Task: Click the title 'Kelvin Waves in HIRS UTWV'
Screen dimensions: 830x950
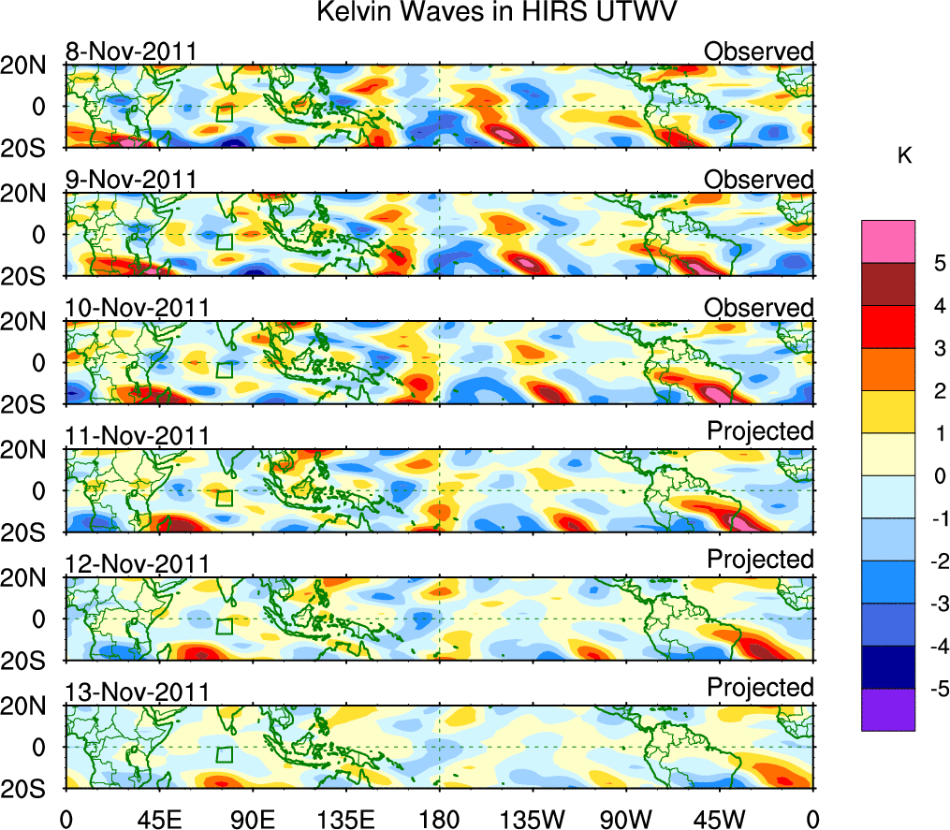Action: pyautogui.click(x=496, y=13)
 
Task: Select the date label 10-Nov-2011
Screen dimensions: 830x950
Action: pyautogui.click(x=137, y=308)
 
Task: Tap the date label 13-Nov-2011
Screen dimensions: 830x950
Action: pyautogui.click(x=137, y=692)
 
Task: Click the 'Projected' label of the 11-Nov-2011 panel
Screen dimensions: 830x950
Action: pyautogui.click(x=760, y=430)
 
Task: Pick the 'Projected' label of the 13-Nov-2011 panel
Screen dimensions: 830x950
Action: pyautogui.click(x=760, y=687)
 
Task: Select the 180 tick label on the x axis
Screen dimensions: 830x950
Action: pyautogui.click(x=439, y=818)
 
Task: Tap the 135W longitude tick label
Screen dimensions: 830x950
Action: pyautogui.click(x=533, y=818)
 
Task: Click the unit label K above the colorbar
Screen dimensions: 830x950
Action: pyautogui.click(x=904, y=156)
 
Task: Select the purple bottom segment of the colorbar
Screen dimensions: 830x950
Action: pyautogui.click(x=888, y=709)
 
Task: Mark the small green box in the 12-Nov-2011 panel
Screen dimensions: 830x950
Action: pyautogui.click(x=224, y=627)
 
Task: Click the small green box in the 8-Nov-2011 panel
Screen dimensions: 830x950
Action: pyautogui.click(x=224, y=114)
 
